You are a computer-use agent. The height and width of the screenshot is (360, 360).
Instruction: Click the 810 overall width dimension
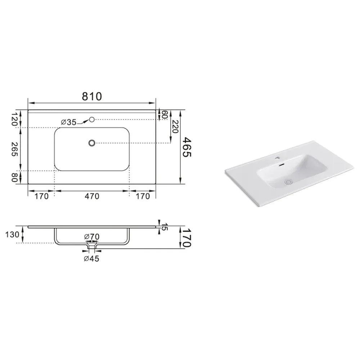(x=92, y=96)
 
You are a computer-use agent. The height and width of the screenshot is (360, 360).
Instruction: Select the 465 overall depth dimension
(x=186, y=147)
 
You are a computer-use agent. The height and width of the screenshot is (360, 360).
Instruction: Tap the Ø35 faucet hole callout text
(x=69, y=122)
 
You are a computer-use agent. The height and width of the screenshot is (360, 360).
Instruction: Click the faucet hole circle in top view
(x=92, y=120)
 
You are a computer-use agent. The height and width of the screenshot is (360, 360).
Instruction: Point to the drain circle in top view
(x=92, y=143)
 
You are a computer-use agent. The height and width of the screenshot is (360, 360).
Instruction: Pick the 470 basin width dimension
(x=92, y=196)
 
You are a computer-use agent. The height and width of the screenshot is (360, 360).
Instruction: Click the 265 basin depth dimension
(x=15, y=149)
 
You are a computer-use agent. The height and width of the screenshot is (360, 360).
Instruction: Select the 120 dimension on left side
(x=15, y=119)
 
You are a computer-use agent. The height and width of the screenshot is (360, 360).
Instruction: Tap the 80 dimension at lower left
(x=15, y=177)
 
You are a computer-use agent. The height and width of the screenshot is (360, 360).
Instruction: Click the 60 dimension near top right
(x=165, y=115)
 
